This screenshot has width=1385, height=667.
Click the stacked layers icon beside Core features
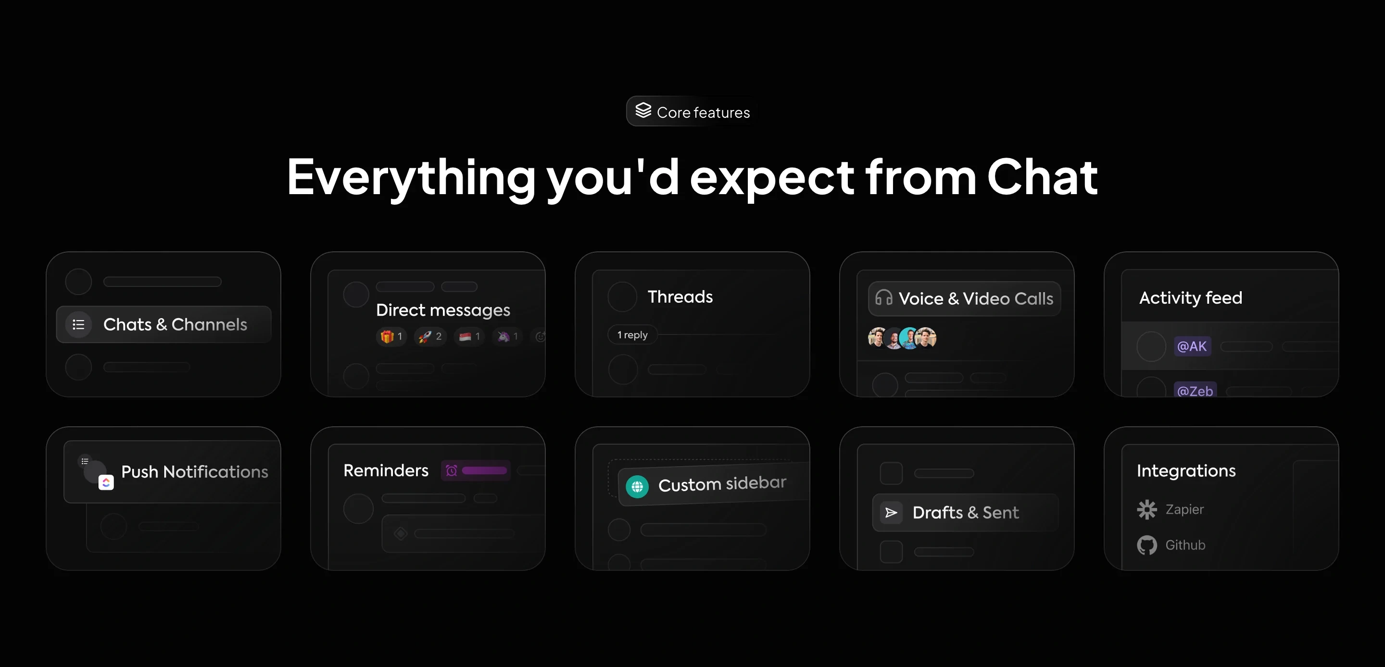pos(643,111)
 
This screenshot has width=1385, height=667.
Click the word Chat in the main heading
pos(1042,177)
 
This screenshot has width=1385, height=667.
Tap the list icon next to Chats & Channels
pos(78,325)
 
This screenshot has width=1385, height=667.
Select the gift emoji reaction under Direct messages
pos(387,336)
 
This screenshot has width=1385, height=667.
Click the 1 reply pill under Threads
pos(632,335)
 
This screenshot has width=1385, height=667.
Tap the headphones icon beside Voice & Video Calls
pos(883,298)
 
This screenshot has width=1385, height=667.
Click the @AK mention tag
pos(1192,346)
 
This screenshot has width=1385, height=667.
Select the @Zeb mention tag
pos(1195,390)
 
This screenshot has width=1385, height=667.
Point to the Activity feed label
pos(1190,298)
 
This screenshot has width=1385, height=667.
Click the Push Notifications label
pos(194,472)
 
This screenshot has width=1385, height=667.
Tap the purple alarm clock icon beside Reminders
pos(452,471)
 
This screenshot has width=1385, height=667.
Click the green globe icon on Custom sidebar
pos(637,487)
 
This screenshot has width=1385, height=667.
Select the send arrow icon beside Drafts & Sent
pos(891,513)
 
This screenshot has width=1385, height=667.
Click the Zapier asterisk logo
pos(1146,509)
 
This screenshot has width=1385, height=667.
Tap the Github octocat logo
pos(1146,545)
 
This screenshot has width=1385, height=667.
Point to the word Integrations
pos(1185,471)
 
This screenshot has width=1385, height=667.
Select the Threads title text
pos(680,296)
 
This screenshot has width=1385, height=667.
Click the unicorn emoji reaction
pos(504,336)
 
